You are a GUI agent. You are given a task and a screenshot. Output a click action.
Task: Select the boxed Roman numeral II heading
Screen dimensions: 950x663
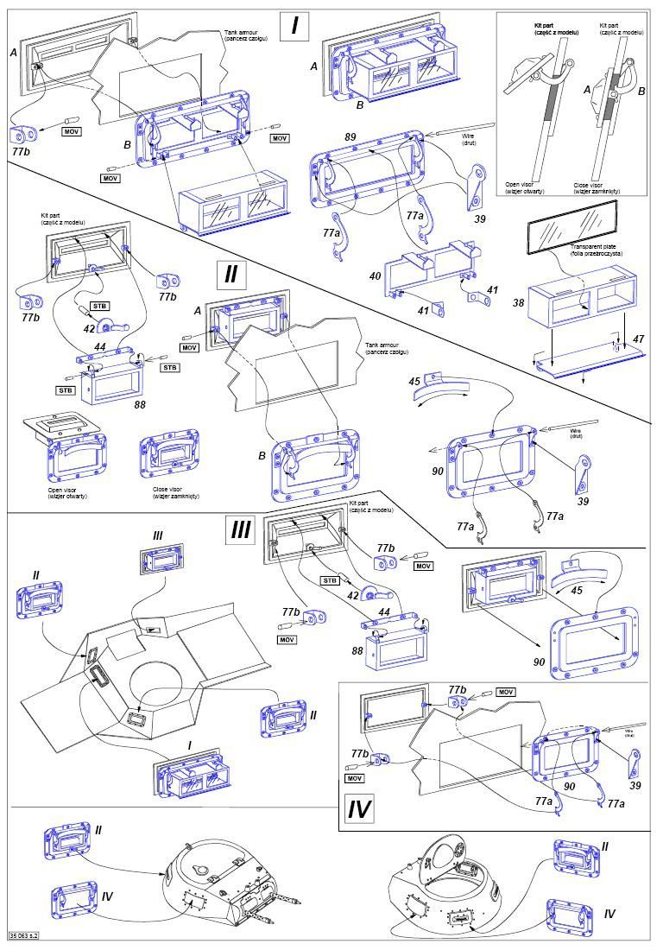pos(230,274)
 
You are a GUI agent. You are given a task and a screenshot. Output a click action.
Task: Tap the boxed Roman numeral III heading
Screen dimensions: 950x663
pos(240,529)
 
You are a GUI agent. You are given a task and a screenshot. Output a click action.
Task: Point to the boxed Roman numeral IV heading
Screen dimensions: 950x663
pos(359,809)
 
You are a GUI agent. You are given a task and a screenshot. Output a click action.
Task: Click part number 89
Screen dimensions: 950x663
pos(350,137)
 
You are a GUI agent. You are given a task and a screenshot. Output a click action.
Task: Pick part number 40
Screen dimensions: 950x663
pos(375,276)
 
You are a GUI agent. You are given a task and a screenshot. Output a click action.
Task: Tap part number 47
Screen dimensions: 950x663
pos(638,340)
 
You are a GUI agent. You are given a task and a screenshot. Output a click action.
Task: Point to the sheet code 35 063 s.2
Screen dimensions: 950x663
pos(25,934)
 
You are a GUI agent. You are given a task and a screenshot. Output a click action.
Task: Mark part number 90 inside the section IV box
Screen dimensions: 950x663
pos(570,786)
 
